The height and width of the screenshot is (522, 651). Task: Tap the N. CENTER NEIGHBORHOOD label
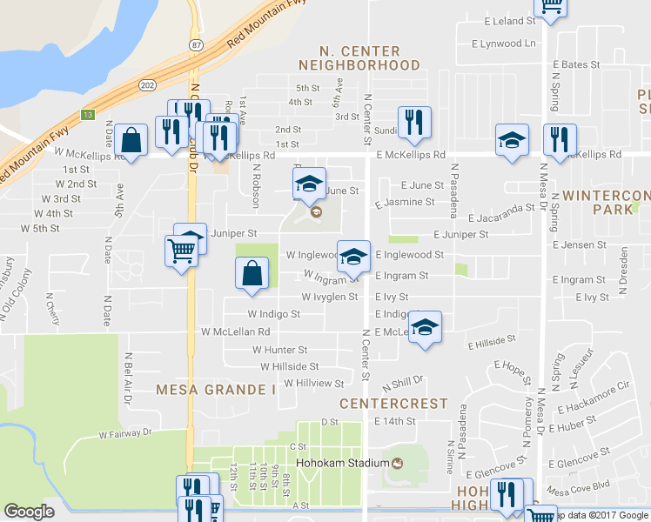359,58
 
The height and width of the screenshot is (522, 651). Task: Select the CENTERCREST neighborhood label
393,404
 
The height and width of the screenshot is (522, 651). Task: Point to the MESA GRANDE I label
216,390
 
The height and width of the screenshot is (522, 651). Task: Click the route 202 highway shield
148,84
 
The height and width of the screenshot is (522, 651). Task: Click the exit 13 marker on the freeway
88,114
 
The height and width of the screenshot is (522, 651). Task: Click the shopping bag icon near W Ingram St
251,273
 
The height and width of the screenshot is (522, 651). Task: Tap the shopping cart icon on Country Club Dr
181,251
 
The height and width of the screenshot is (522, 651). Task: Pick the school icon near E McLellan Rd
424,327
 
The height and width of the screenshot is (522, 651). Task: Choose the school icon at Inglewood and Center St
352,257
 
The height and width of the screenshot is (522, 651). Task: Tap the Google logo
29,512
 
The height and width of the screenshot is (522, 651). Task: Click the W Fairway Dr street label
124,432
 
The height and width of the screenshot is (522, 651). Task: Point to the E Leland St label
497,20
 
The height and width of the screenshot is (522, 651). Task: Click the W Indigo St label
273,313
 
